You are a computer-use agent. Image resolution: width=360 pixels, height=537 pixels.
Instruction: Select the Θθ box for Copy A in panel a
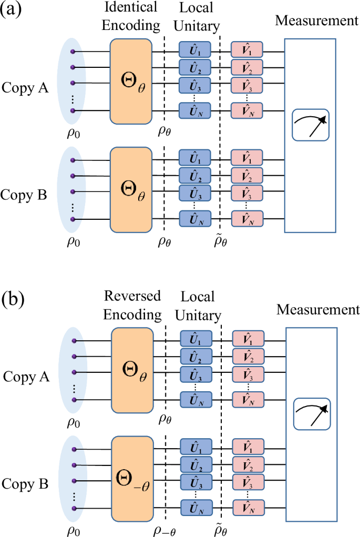coord(131,82)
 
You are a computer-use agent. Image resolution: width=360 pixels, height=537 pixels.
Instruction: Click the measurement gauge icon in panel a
coord(310,125)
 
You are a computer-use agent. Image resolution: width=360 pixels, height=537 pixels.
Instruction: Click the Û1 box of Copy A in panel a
coord(194,50)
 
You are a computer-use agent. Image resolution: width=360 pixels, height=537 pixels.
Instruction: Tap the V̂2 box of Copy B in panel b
coord(248,466)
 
